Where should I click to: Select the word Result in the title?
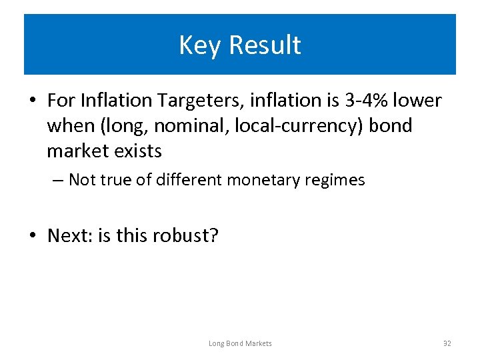pos(265,45)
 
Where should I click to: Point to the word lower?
pos(418,101)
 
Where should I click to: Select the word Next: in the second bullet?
pos(70,236)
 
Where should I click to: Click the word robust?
pos(185,236)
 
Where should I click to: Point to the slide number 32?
pos(447,343)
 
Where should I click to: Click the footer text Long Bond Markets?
pos(240,343)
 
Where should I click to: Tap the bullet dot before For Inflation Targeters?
pos(33,101)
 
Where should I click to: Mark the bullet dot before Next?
pos(33,237)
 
